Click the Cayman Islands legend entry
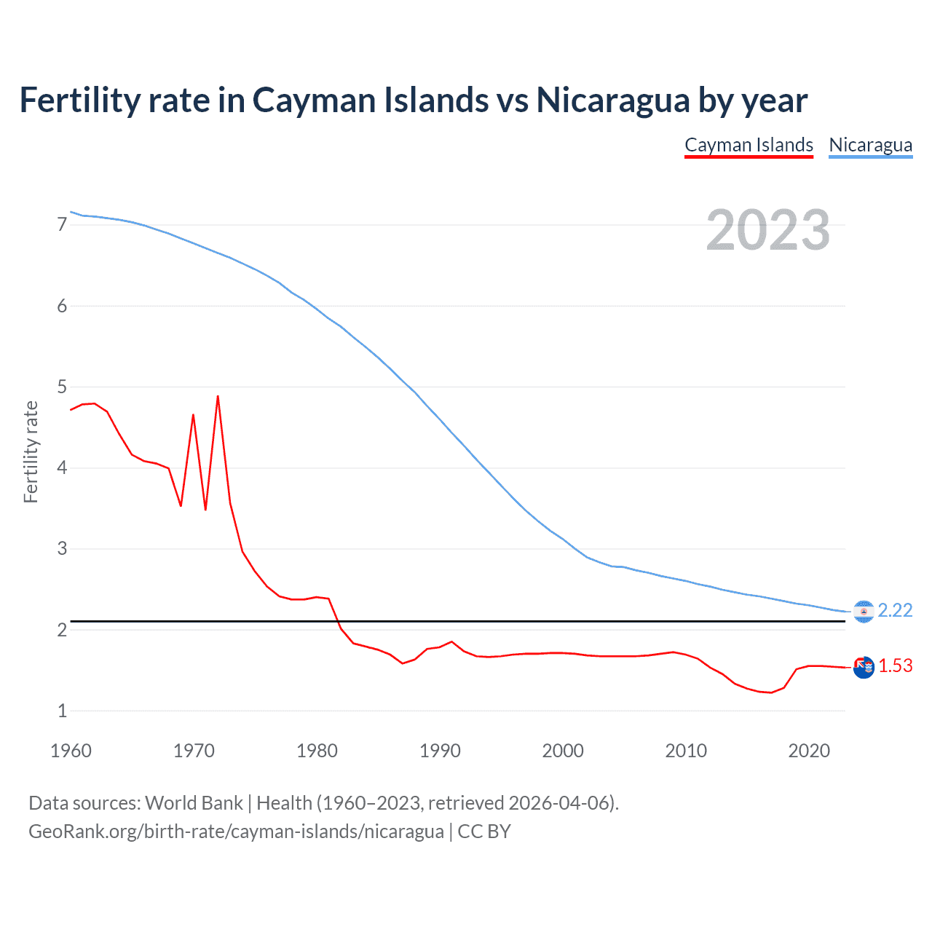[749, 145]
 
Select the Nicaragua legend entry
[870, 145]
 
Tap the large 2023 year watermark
[767, 230]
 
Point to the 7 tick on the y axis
[62, 224]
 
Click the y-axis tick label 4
[62, 467]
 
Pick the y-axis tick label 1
[62, 711]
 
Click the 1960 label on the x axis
[71, 751]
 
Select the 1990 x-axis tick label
[440, 751]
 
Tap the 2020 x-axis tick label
[808, 751]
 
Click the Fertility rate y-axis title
[31, 451]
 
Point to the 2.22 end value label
[895, 610]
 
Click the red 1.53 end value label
[895, 666]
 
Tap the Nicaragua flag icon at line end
[864, 612]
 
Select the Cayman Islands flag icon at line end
[864, 667]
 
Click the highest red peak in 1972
[218, 397]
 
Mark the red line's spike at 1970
[193, 415]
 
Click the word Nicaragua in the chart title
[613, 100]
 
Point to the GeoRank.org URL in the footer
[236, 832]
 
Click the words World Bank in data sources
[194, 803]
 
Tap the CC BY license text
[484, 832]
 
